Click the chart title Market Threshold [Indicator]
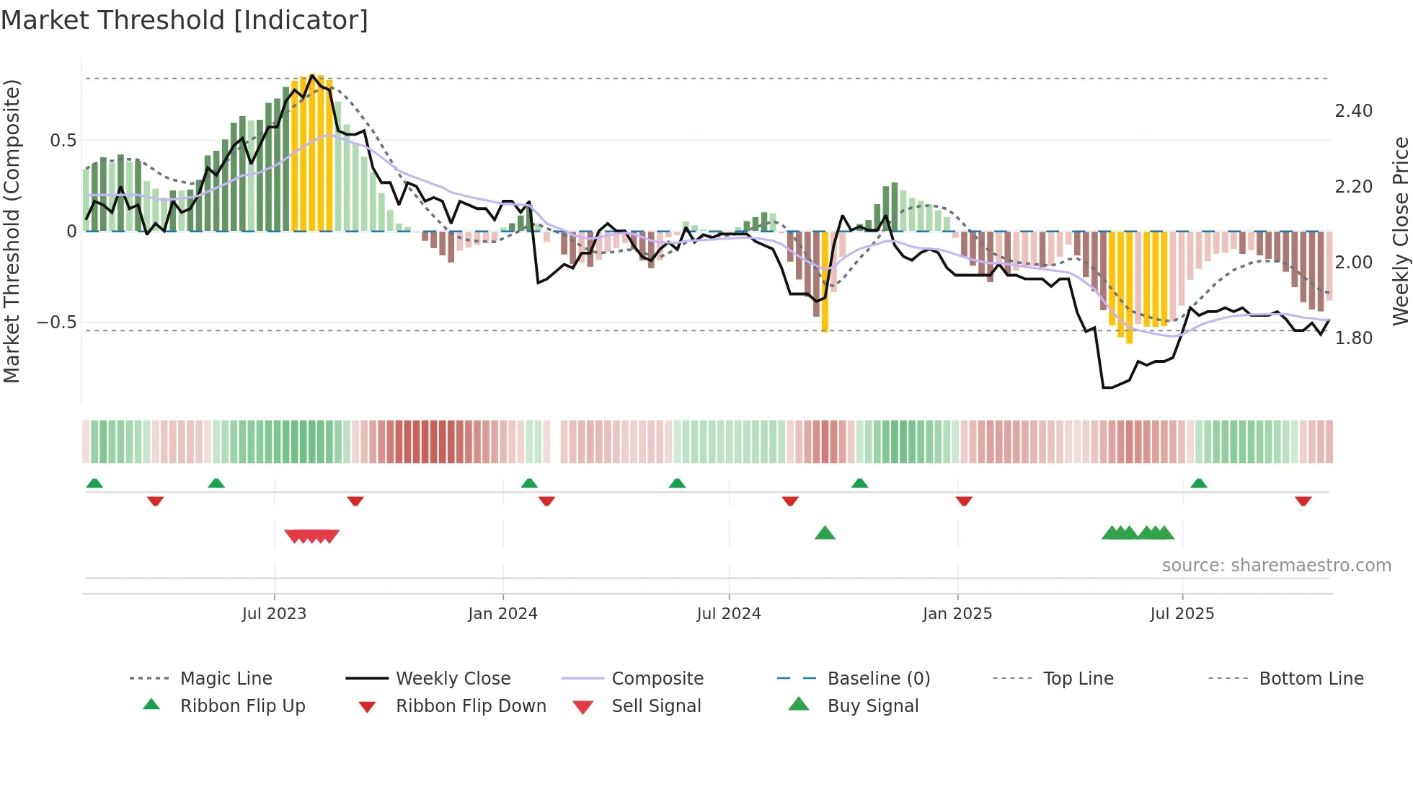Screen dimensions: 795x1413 coord(185,20)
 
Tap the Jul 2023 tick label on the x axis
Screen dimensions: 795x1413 coord(274,614)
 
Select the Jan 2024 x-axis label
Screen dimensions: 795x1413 coord(502,614)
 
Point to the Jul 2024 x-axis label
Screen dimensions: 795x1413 coord(728,614)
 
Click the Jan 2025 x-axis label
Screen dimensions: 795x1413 coord(957,614)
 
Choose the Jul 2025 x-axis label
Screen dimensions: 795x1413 coord(1182,614)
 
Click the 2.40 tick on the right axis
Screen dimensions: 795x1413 coord(1353,111)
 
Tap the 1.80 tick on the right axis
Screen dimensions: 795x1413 coord(1353,338)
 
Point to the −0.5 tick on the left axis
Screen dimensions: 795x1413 coord(56,322)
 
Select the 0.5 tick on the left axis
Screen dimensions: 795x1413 coord(63,141)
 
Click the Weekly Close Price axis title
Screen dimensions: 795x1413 coord(1400,231)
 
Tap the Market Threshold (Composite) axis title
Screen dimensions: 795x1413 coord(12,231)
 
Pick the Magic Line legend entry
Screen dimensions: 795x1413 coord(226,679)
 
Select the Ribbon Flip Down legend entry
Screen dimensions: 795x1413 coord(471,706)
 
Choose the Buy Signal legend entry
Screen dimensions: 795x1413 coord(872,706)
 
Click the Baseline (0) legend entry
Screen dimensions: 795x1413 coord(878,679)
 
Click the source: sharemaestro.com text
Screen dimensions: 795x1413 coord(1276,566)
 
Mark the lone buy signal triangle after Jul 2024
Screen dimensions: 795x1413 coord(825,533)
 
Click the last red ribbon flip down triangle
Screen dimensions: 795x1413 coord(1303,501)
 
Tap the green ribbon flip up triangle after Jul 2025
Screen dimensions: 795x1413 coord(1198,483)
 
